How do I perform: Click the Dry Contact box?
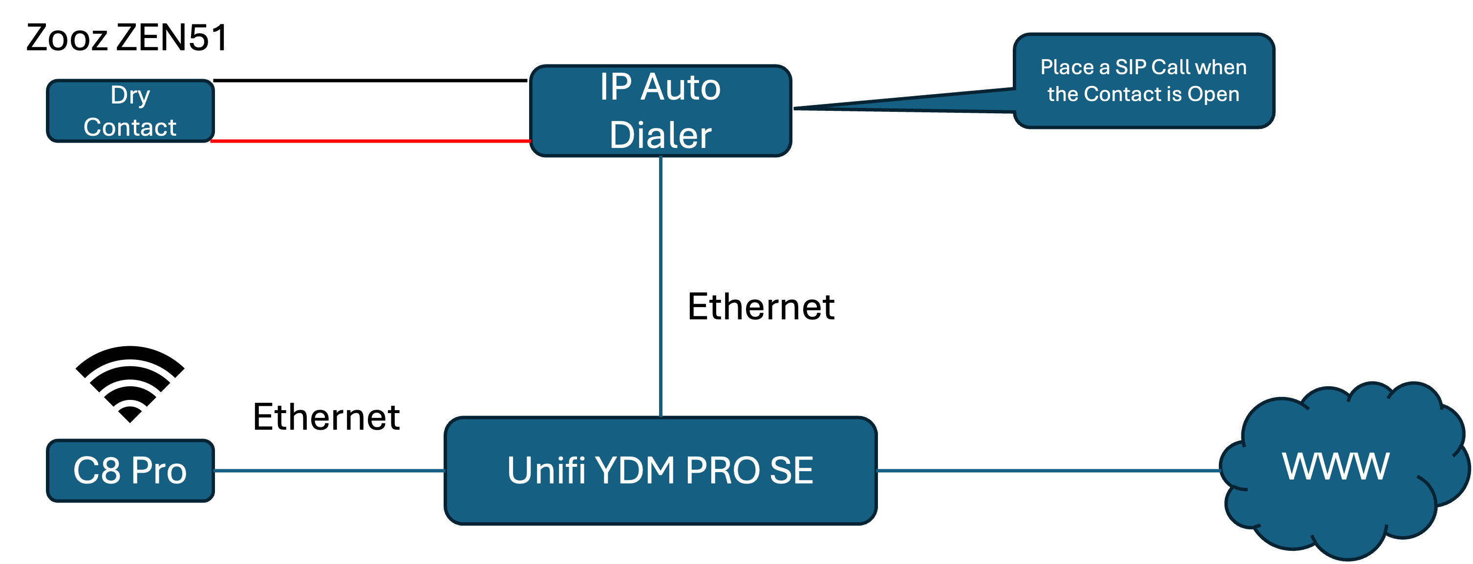pos(130,111)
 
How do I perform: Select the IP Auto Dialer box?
pos(661,111)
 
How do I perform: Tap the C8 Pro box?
pos(130,470)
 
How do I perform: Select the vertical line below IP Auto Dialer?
pos(661,286)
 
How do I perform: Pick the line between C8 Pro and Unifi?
pos(329,470)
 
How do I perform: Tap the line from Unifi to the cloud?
pos(1046,470)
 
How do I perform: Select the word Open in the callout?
pos(1214,94)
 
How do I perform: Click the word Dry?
pos(130,95)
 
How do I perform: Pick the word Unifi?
pos(546,470)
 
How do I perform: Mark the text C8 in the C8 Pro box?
pos(97,470)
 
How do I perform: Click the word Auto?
pos(681,87)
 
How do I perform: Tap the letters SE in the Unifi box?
pos(791,470)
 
